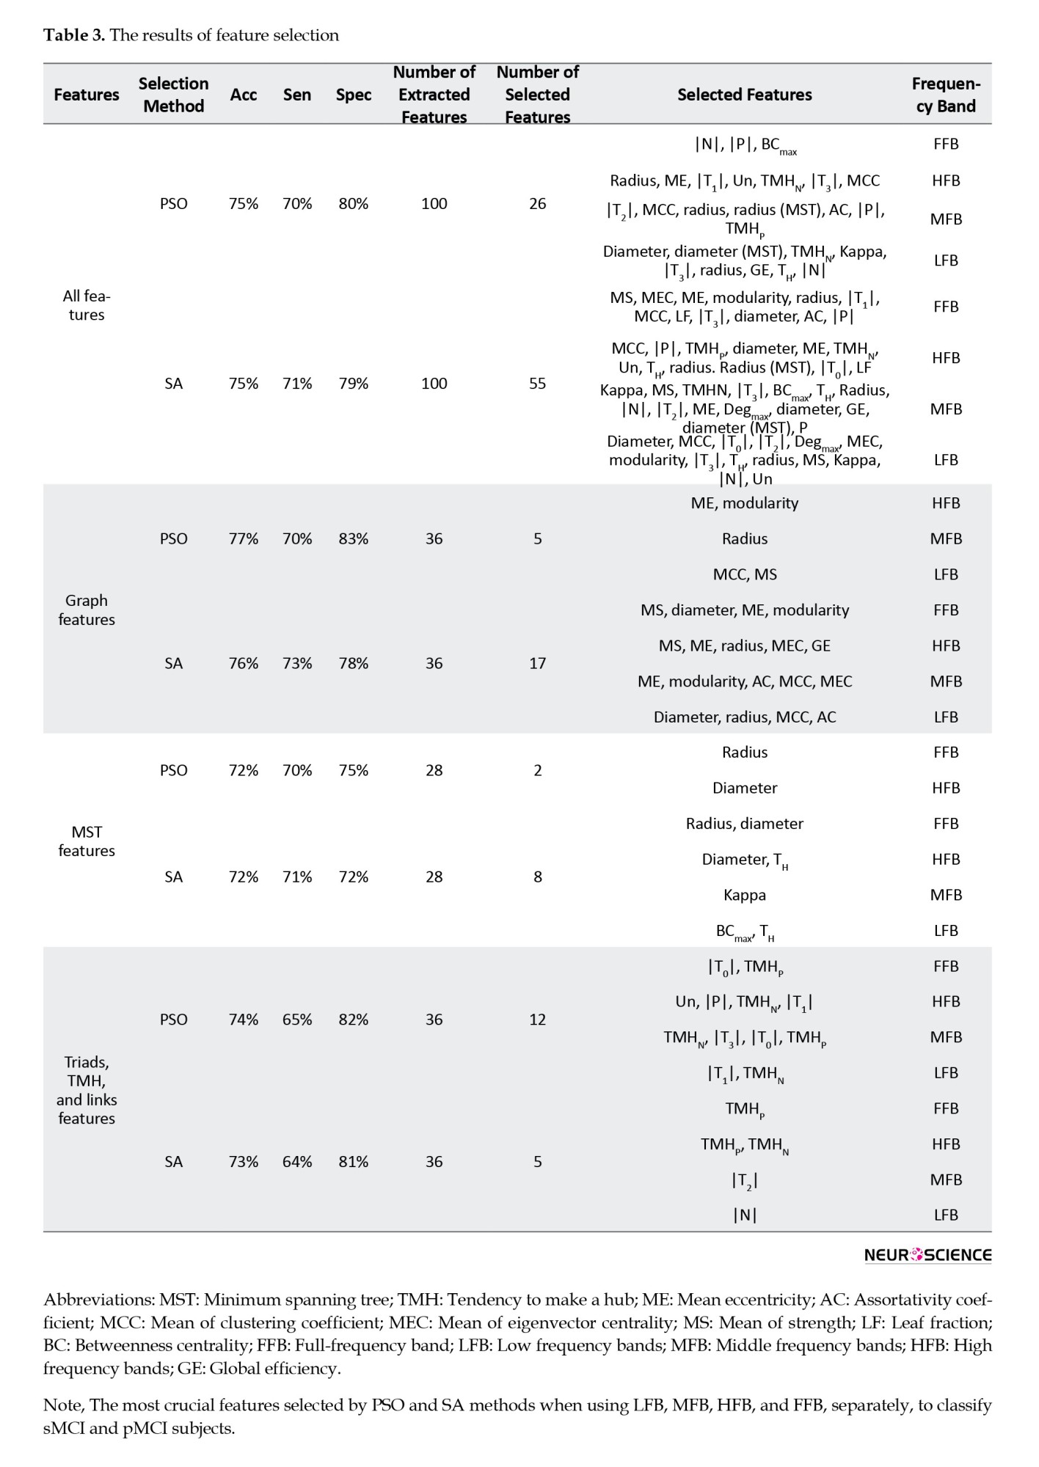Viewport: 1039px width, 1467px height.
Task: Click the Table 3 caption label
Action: point(74,35)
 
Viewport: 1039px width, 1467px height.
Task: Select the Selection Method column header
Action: point(173,95)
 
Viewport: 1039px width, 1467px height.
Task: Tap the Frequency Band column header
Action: point(945,95)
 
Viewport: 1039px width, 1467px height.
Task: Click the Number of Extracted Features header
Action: point(434,95)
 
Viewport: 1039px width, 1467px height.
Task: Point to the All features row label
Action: point(87,305)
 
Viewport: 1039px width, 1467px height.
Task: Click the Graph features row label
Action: point(87,610)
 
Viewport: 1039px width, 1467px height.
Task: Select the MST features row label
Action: point(87,841)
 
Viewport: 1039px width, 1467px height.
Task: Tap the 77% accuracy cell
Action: point(243,538)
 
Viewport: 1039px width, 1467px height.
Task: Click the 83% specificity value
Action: point(353,538)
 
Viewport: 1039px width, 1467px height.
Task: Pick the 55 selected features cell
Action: point(537,383)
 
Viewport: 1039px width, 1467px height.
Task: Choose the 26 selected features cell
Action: point(537,203)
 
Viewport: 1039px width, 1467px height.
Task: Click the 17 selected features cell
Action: point(537,663)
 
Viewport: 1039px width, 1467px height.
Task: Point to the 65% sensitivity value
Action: point(297,1019)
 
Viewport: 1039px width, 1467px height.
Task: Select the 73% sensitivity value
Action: point(297,663)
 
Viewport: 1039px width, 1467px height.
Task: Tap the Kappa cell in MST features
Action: point(744,895)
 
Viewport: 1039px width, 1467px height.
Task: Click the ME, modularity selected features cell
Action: point(744,503)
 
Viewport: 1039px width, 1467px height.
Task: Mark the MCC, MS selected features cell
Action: point(744,574)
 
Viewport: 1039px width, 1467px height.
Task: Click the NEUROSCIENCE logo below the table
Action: point(927,1254)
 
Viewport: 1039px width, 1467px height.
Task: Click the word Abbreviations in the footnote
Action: point(98,1300)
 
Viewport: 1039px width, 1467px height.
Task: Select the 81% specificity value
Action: point(353,1161)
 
